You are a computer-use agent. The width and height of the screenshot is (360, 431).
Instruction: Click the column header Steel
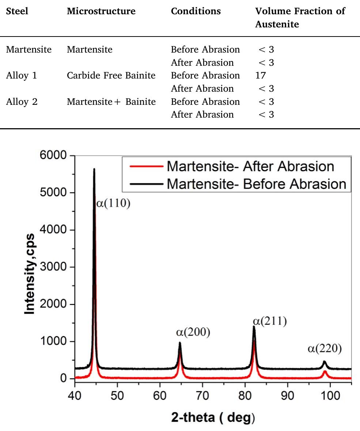coord(17,11)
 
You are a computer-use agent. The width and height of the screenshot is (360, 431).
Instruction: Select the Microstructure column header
coord(101,11)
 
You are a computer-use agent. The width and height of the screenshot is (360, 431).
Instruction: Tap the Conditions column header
coord(196,11)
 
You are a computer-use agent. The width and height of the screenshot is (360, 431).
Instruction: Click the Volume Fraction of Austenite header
coord(300,18)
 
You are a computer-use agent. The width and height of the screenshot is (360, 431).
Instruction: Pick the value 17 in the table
coord(261,76)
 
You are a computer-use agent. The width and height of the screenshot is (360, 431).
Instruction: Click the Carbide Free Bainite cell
coord(111,76)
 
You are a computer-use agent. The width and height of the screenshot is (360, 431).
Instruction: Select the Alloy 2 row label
coord(22,102)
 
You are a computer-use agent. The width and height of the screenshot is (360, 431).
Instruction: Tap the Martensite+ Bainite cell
coord(111,102)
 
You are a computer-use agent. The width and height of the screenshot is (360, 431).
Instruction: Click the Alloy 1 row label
coord(22,76)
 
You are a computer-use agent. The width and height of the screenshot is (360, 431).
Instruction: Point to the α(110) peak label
coord(113,203)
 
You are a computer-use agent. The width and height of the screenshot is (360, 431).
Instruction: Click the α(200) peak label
coord(193,332)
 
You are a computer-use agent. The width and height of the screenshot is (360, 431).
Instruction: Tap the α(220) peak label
coord(325,349)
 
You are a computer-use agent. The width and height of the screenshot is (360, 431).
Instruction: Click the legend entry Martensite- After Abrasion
coord(250,166)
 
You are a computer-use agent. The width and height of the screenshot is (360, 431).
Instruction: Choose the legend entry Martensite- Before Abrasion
coord(256,184)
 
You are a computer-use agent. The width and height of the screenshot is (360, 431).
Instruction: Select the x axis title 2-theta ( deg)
coord(213,417)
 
